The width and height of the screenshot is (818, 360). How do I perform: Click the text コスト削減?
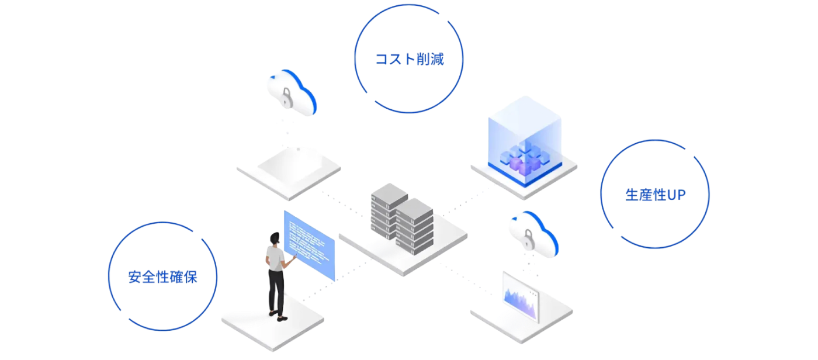[409, 59]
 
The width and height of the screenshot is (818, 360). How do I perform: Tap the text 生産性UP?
[655, 195]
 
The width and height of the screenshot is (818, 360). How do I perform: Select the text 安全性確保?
[162, 276]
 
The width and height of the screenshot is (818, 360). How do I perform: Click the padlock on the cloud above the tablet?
[285, 97]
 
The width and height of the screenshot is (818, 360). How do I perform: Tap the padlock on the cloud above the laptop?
[528, 238]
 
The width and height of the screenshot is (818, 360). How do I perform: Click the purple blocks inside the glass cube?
[521, 158]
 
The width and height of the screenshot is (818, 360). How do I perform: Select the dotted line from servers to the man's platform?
[339, 281]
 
